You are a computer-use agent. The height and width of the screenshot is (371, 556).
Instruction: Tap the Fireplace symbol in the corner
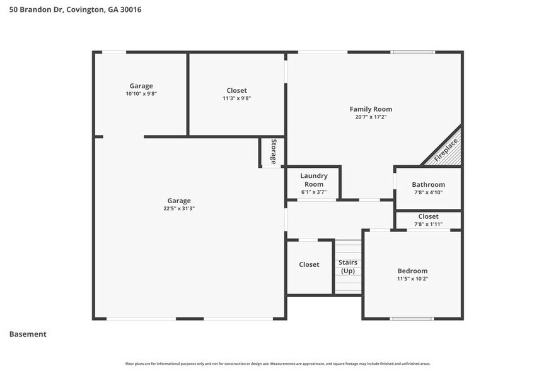[x=446, y=151]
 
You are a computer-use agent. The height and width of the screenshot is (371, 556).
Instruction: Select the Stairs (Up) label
[x=348, y=266]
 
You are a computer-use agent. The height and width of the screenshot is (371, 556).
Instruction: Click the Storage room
[x=273, y=151]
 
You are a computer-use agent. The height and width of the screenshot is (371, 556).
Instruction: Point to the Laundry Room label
[x=313, y=180]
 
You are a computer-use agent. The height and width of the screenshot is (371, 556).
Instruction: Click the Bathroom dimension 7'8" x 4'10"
[x=428, y=192]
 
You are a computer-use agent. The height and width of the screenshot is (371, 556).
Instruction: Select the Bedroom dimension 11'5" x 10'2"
[x=412, y=278]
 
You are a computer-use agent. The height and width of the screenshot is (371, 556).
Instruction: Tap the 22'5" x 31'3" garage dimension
[x=179, y=209]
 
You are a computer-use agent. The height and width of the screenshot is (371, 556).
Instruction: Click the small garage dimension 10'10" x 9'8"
[x=141, y=93]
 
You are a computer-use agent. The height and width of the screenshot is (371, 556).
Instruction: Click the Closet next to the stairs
[x=309, y=265]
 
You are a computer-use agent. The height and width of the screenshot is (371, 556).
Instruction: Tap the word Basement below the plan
[x=28, y=334]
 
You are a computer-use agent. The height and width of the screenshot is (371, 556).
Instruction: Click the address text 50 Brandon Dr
[x=36, y=10]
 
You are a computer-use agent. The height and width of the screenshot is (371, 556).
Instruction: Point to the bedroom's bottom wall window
[x=412, y=319]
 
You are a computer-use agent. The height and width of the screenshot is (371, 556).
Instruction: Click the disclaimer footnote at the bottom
[x=277, y=363]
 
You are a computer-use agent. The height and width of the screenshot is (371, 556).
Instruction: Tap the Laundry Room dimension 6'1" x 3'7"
[x=313, y=192]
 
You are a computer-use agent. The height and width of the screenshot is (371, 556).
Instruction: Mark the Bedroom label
[x=412, y=271]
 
